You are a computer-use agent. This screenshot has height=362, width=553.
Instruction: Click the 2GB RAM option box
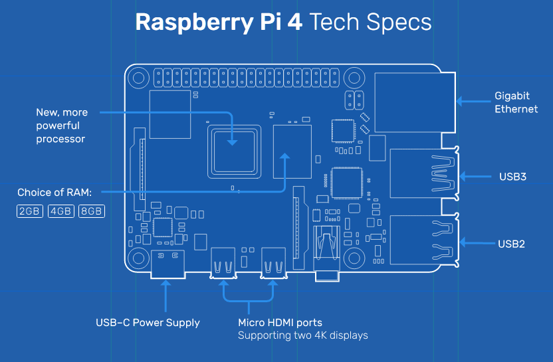click(x=30, y=212)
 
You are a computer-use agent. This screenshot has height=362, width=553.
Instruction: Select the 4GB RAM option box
click(x=61, y=212)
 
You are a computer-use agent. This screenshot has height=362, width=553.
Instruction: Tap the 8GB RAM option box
click(x=92, y=212)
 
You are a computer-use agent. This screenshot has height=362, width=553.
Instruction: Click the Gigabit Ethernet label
click(x=516, y=102)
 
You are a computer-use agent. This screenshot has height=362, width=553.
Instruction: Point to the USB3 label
click(x=512, y=177)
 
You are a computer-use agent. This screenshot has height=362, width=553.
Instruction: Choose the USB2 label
click(x=512, y=244)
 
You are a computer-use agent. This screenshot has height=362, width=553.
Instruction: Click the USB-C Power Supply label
click(x=148, y=323)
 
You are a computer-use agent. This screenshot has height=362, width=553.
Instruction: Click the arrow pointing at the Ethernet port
click(x=473, y=102)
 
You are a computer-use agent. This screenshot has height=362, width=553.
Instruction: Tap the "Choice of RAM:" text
click(x=55, y=193)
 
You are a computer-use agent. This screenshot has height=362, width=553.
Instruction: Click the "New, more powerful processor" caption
click(x=61, y=126)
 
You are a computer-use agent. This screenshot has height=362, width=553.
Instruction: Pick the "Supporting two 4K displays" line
click(x=303, y=335)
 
